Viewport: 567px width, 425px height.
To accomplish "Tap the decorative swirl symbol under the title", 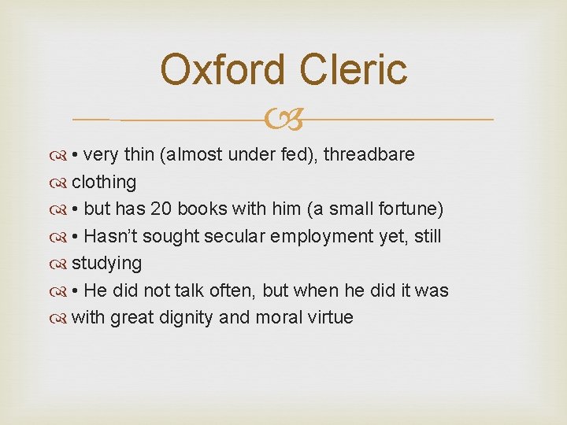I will coord(283,120).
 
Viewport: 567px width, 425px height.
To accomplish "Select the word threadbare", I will coord(369,154).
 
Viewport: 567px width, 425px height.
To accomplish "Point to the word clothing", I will coord(104,182).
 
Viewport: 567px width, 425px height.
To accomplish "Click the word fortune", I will coord(409,209).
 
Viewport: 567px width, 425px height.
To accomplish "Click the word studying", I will coord(107,263).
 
